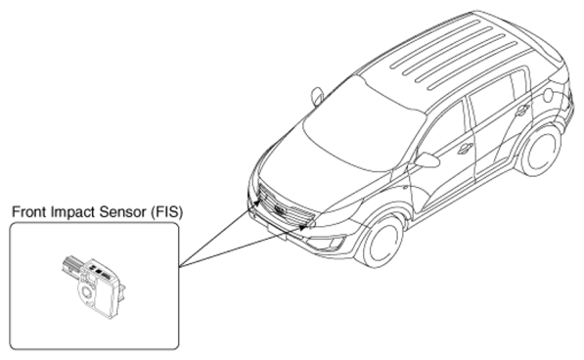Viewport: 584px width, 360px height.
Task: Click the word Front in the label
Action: tap(29, 212)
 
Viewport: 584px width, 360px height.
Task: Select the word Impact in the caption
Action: tap(73, 212)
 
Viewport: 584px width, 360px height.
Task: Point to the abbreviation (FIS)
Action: tap(166, 212)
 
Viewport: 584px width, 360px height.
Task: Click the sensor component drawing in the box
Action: tap(93, 286)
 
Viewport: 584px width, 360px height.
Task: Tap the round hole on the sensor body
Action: tap(88, 292)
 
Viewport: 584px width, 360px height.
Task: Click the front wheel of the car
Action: tap(382, 241)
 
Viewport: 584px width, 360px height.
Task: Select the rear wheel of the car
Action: tap(540, 151)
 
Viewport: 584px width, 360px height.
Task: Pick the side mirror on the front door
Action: tap(427, 160)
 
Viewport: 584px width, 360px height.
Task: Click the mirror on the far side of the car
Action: tap(317, 96)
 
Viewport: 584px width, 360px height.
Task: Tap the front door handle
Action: tap(465, 148)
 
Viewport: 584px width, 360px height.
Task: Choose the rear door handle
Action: tap(522, 110)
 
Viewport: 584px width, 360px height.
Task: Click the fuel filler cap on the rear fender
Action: tap(548, 95)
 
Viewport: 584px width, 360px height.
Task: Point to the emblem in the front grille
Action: tap(280, 210)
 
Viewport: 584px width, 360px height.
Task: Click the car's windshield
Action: tap(361, 126)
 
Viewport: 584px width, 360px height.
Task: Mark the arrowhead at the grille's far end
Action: tap(257, 203)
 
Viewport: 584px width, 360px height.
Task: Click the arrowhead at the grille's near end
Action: tap(303, 227)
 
